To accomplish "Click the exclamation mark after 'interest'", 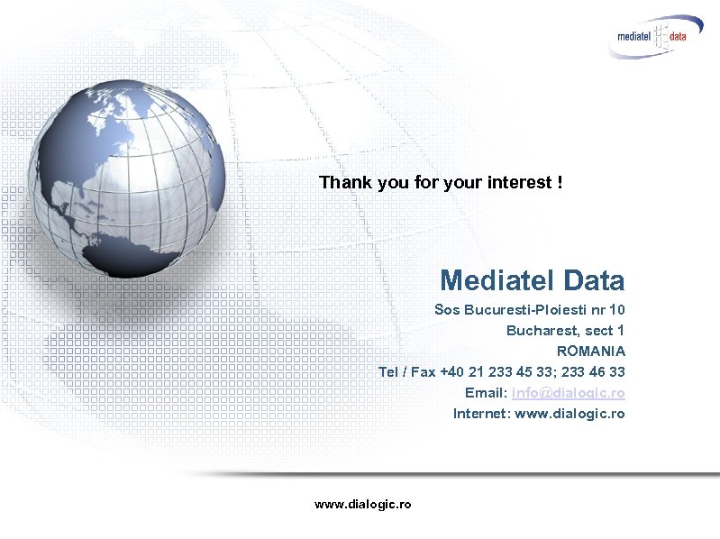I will tap(560, 183).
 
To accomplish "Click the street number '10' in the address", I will tap(616, 310).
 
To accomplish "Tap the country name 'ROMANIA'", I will tap(590, 352).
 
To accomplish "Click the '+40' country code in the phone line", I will tap(452, 372).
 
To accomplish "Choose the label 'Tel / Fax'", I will tap(406, 372).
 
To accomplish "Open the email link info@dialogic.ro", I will tap(568, 393).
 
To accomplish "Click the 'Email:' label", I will tap(486, 393).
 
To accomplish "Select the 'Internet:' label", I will tap(481, 414).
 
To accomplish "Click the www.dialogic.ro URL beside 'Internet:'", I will tap(570, 414).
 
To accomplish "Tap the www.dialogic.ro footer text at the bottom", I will tap(362, 505).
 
